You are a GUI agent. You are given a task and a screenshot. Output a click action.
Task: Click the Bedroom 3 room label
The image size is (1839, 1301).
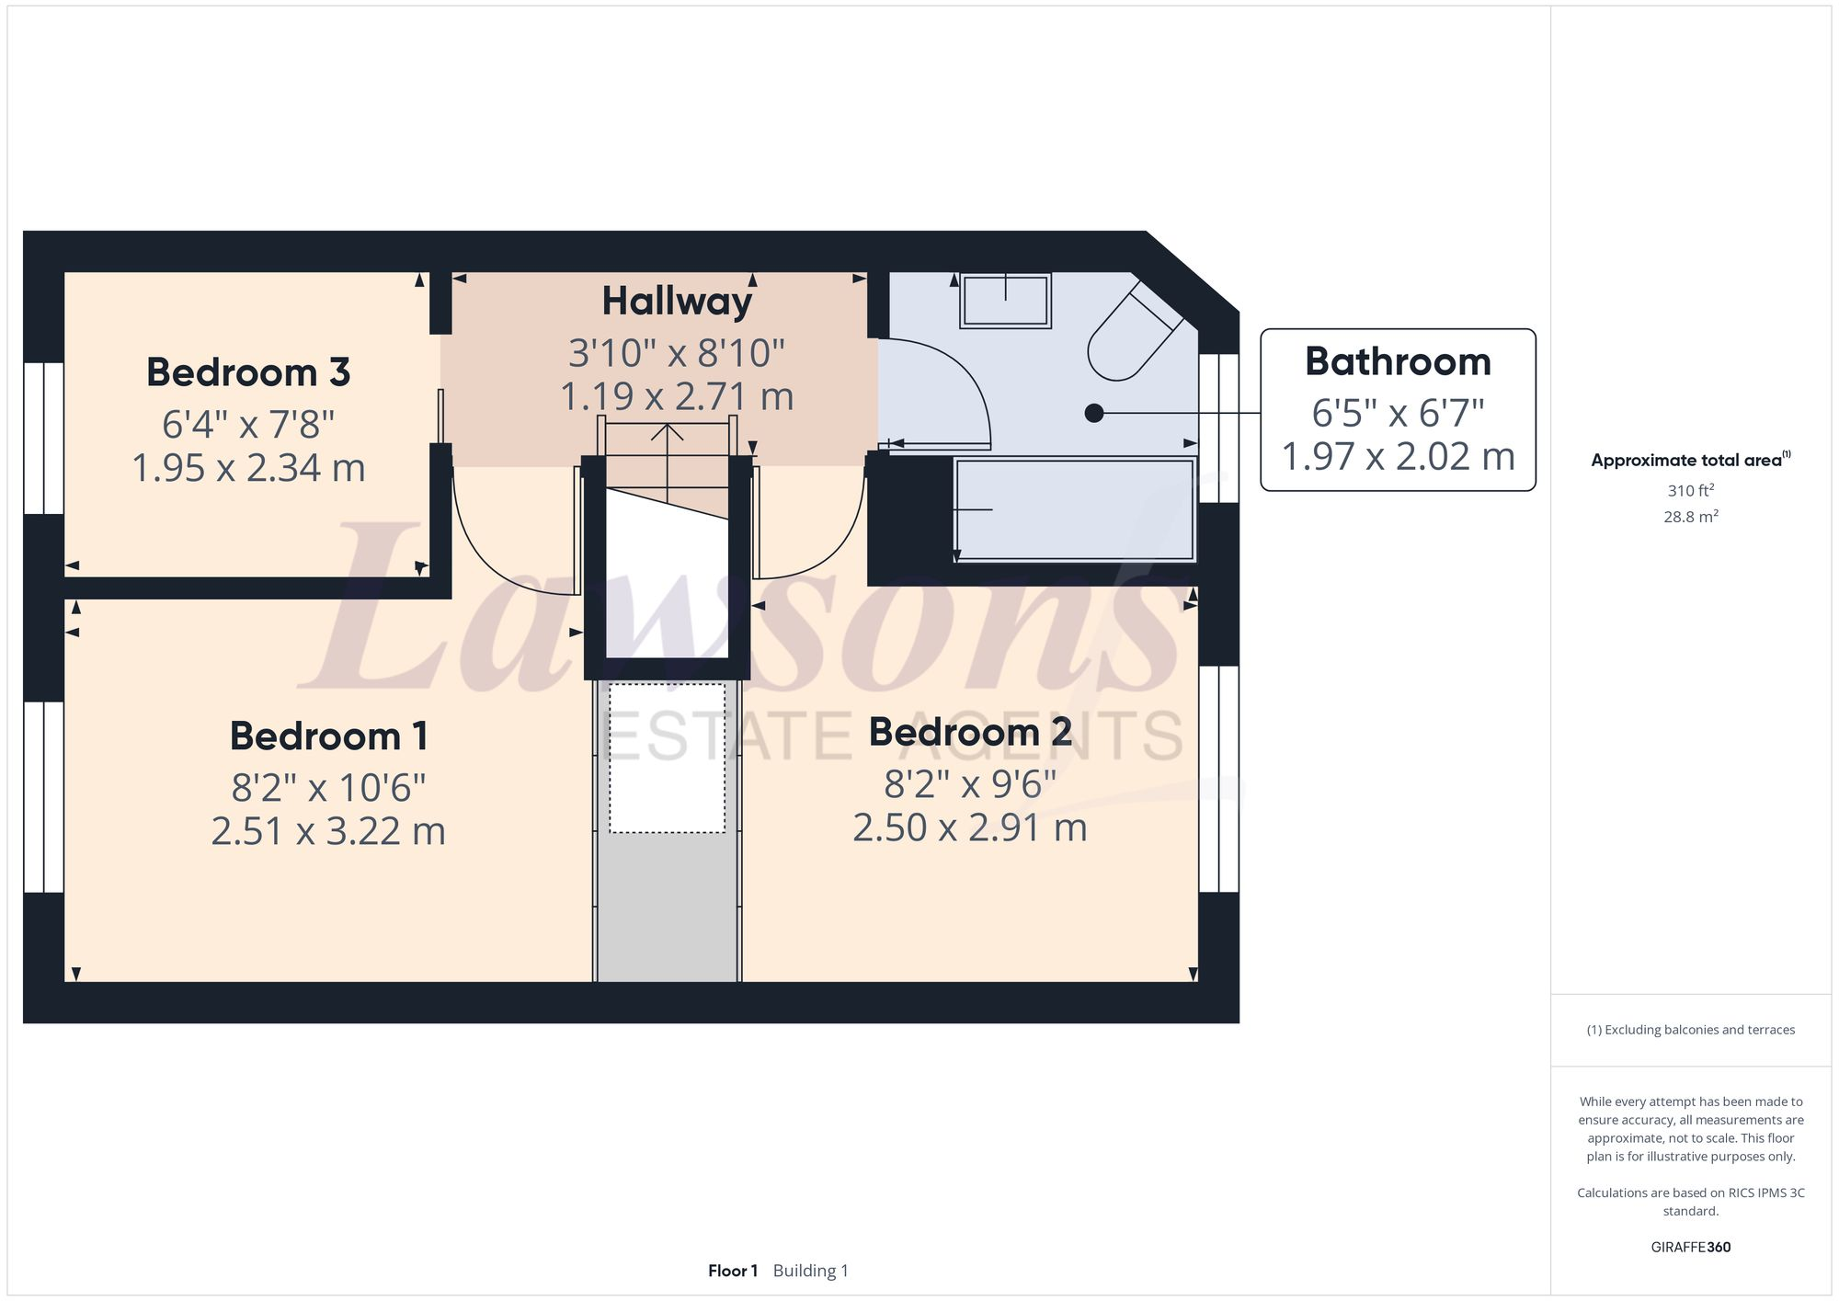(x=248, y=372)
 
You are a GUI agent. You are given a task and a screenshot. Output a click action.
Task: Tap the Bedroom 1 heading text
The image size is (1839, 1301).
(x=328, y=736)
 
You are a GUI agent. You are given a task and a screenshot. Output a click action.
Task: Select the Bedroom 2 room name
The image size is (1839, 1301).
(x=970, y=732)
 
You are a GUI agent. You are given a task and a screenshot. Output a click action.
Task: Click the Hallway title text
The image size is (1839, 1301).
(x=677, y=302)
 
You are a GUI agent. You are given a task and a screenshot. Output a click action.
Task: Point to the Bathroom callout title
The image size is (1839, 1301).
(x=1398, y=361)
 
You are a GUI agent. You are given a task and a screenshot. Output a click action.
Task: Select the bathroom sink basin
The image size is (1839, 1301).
(x=1005, y=300)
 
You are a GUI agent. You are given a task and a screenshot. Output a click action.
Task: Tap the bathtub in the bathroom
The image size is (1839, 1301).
(x=1074, y=509)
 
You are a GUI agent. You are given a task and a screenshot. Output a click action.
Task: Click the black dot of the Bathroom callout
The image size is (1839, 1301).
(x=1094, y=413)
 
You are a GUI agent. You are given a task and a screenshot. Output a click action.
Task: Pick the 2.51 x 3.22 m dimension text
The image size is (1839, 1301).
(x=328, y=831)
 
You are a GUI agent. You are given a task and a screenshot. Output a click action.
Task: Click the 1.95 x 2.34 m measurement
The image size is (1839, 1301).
(x=248, y=468)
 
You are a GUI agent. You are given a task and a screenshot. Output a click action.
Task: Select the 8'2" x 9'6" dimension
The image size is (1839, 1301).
(x=970, y=784)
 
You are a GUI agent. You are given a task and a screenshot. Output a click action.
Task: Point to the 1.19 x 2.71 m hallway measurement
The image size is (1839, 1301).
(x=677, y=396)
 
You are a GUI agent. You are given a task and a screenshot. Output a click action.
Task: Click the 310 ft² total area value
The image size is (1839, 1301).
(x=1690, y=490)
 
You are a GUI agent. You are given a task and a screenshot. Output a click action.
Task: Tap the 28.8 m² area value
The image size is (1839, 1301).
(x=1690, y=517)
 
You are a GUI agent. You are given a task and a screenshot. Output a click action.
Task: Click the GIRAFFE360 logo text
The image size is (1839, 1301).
(x=1690, y=1247)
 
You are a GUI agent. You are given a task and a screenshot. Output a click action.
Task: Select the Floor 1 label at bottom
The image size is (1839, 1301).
(x=732, y=1271)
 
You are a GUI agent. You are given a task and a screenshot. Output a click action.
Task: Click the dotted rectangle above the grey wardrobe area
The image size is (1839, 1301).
(x=667, y=759)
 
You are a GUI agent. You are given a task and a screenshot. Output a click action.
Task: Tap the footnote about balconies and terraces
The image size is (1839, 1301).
(x=1690, y=1030)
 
